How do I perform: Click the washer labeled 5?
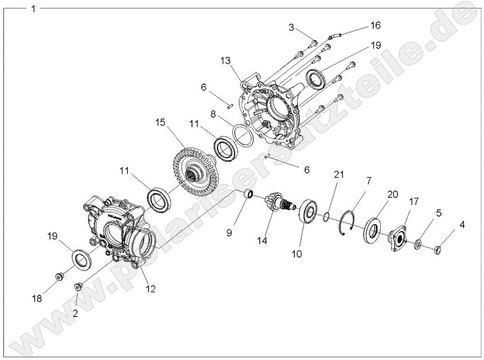pyautogui.click(x=417, y=243)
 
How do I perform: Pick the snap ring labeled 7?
pyautogui.click(x=347, y=222)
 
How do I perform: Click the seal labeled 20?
pyautogui.click(x=372, y=229)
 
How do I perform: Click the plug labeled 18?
pyautogui.click(x=59, y=277)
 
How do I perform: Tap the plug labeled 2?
pyautogui.click(x=78, y=286)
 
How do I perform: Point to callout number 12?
pyautogui.click(x=150, y=289)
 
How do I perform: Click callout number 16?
pyautogui.click(x=375, y=25)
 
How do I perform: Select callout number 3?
pyautogui.click(x=292, y=28)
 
